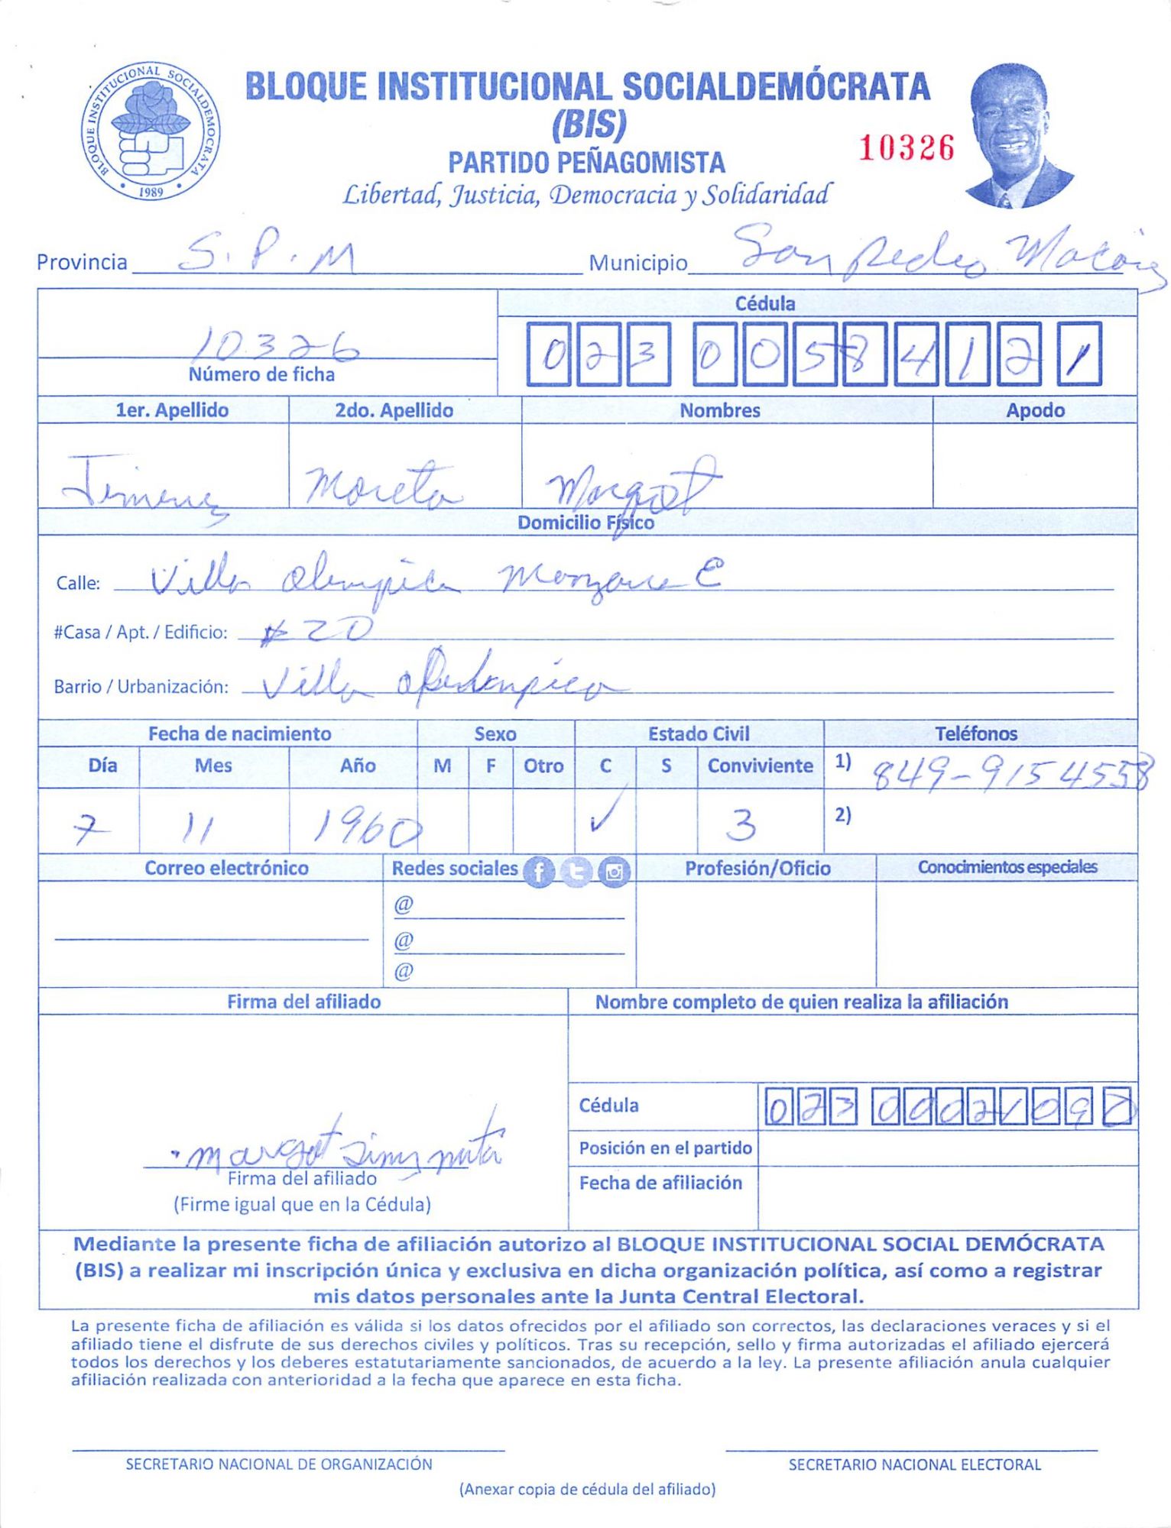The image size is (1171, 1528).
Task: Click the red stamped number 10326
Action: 907,148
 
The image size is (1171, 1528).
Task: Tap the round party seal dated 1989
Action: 151,131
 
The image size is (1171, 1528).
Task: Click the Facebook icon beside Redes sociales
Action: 539,872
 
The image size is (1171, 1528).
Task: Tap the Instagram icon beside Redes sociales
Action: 614,872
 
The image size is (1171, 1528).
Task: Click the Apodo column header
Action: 1034,410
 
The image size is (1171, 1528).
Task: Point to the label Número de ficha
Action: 261,374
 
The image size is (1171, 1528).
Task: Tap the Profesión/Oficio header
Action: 757,868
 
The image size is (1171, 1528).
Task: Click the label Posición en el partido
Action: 665,1148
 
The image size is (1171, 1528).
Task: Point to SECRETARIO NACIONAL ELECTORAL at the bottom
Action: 914,1465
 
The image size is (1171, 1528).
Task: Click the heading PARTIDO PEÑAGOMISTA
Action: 586,163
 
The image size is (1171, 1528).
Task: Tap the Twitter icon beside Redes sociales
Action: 576,872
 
